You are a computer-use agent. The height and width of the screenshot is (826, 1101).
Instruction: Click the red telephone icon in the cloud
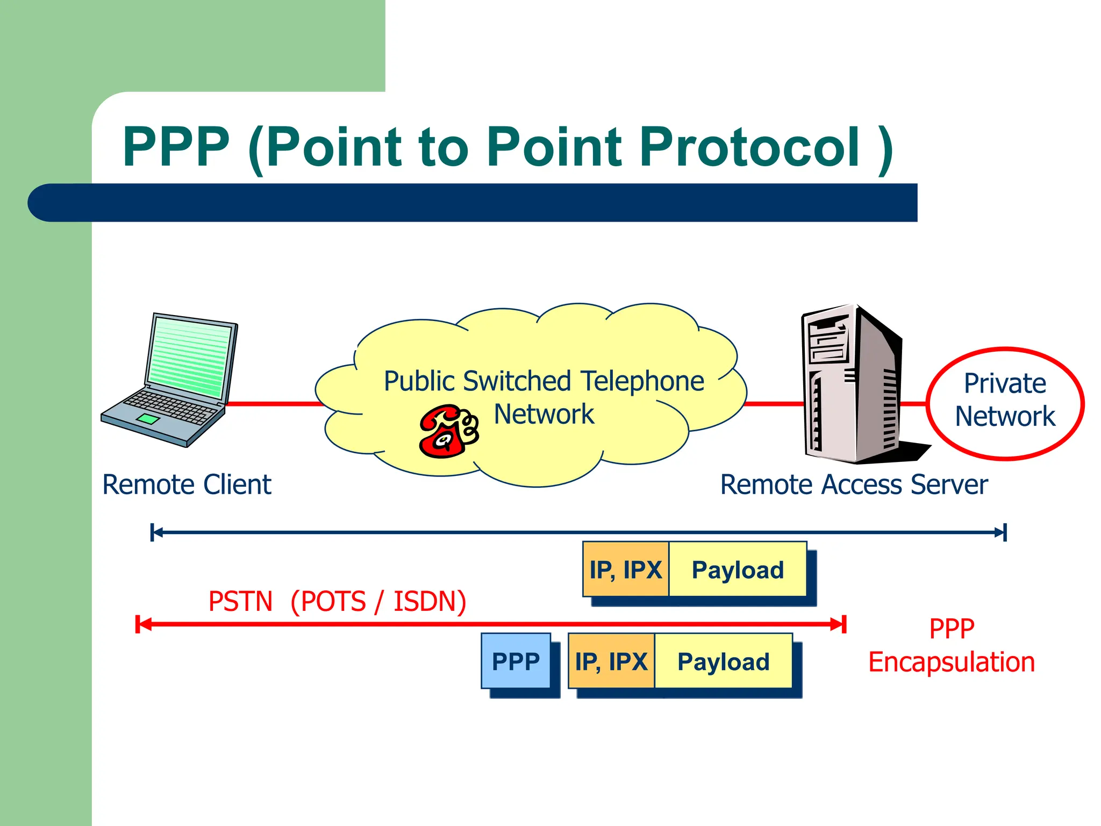pos(448,432)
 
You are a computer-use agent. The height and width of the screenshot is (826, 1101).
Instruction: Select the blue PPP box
pos(516,661)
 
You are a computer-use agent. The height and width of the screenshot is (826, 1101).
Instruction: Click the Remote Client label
pos(187,485)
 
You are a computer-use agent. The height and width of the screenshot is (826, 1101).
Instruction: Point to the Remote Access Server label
pos(854,485)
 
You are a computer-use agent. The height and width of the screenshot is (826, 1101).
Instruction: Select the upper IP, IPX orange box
pos(625,569)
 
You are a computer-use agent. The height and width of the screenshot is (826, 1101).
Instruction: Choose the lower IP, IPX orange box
pos(611,661)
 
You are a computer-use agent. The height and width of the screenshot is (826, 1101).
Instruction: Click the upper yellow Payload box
pos(738,569)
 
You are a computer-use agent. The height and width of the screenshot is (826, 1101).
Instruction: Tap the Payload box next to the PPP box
pos(723,661)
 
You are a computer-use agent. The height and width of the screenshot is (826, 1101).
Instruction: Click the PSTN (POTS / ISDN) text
pos(337,601)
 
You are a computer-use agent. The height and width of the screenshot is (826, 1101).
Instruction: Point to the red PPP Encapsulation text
pos(951,645)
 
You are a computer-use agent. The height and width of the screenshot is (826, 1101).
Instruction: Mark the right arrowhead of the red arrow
pos(839,624)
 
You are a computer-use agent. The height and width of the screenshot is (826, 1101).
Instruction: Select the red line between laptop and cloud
pos(274,403)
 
